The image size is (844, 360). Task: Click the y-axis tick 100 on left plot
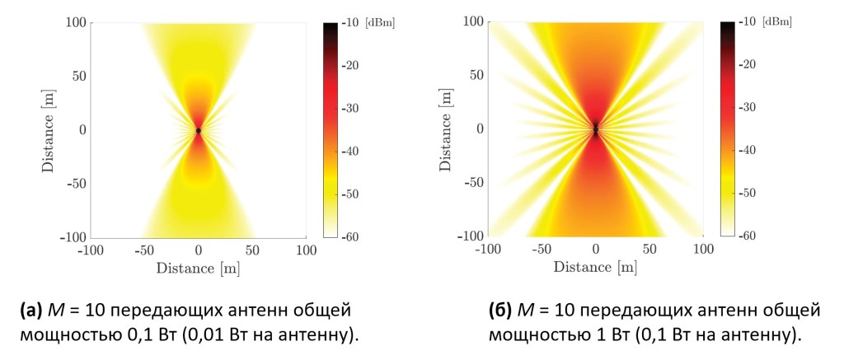75,23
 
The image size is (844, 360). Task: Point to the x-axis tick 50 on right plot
649,247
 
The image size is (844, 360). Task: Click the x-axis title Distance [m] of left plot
198,267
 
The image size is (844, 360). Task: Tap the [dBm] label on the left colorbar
382,23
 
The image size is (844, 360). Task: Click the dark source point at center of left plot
199,130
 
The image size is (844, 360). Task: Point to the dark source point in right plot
595,129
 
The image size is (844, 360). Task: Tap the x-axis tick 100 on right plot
702,247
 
